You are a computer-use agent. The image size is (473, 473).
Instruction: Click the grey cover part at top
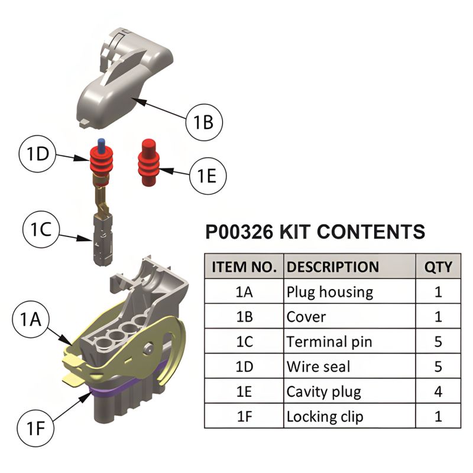click(x=124, y=83)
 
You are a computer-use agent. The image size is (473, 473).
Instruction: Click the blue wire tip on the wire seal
click(x=102, y=144)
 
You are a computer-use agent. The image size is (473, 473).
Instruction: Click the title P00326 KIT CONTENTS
click(x=315, y=232)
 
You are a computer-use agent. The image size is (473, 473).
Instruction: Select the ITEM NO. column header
click(x=244, y=267)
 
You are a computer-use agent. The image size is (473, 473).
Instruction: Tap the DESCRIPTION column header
click(x=332, y=267)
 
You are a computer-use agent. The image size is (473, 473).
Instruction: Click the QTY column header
click(x=438, y=267)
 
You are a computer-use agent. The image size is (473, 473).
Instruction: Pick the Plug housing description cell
click(x=329, y=292)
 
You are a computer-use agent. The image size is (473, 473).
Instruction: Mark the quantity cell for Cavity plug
click(x=438, y=391)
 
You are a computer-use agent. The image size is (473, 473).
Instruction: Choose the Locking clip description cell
click(x=325, y=416)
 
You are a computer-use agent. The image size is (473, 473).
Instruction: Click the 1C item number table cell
click(x=244, y=342)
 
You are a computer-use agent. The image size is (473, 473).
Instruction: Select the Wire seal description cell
click(x=318, y=367)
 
